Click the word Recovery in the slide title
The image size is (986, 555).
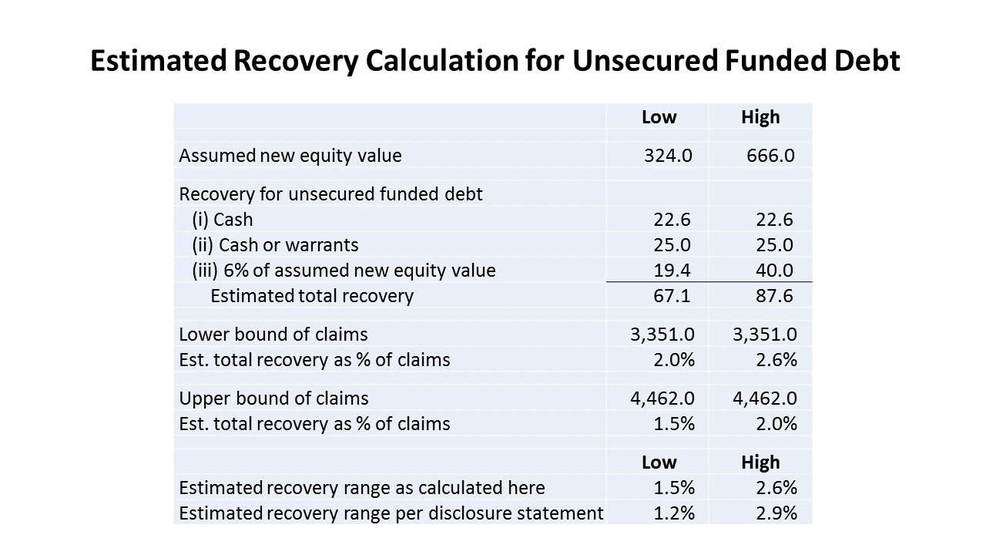[296, 61]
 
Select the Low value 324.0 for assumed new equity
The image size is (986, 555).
[668, 156]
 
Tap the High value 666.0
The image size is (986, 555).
[770, 156]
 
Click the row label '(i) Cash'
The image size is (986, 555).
[223, 220]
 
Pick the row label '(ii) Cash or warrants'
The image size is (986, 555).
[275, 245]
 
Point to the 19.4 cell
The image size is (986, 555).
[672, 270]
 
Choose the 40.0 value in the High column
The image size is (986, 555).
[774, 270]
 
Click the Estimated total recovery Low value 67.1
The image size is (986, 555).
[672, 295]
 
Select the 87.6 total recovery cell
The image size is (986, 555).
[774, 295]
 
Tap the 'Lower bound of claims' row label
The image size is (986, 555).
[273, 335]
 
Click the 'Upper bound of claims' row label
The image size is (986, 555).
[273, 399]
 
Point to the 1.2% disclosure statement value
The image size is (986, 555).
[674, 513]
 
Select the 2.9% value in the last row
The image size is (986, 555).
[776, 513]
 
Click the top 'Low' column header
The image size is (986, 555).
[659, 117]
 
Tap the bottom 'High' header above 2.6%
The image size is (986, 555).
[760, 462]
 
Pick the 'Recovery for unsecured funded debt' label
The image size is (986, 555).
[330, 194]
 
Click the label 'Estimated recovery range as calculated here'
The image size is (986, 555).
[362, 488]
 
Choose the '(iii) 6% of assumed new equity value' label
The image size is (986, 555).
[344, 271]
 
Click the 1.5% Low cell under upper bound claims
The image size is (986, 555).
[674, 424]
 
